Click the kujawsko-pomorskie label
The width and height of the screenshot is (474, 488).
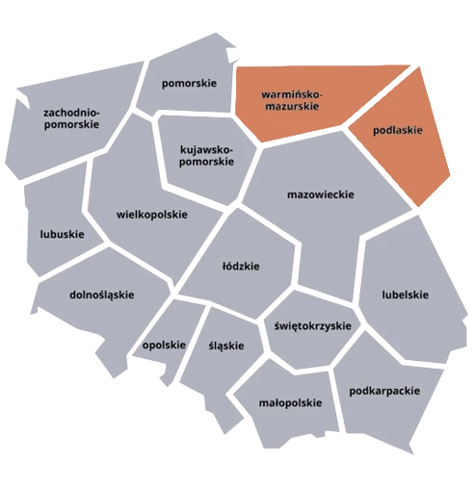click(207, 155)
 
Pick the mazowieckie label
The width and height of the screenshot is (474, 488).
click(321, 193)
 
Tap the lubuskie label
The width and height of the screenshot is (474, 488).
click(62, 234)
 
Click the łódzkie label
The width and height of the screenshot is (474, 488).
click(241, 266)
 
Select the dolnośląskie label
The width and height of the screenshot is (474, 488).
click(101, 295)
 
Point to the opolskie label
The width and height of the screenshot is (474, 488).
click(163, 346)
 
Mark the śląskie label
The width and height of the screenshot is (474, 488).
click(225, 346)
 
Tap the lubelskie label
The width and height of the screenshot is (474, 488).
click(405, 295)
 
